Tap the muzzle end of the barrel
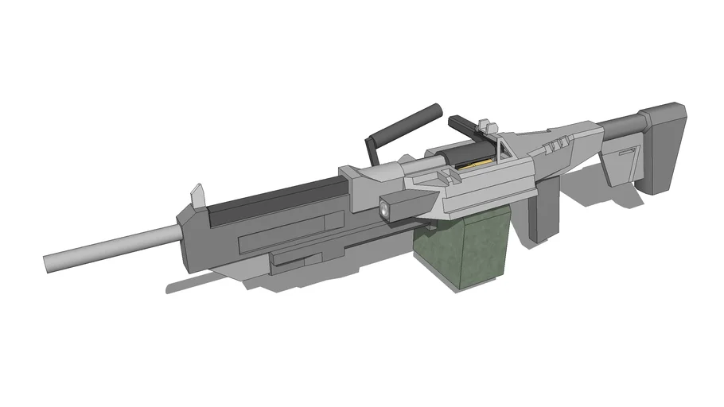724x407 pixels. [x=48, y=262]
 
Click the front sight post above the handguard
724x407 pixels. [x=197, y=193]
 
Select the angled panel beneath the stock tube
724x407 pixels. [x=621, y=162]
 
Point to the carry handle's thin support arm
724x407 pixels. [x=370, y=150]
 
